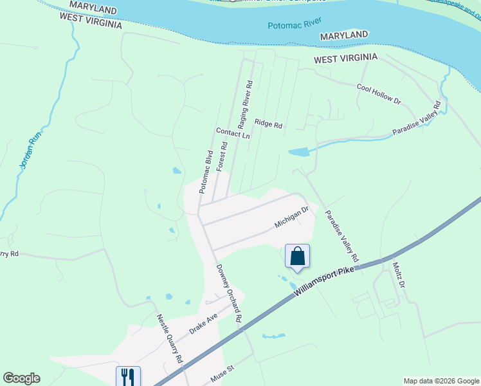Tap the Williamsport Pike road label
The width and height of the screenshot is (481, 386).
tap(325, 280)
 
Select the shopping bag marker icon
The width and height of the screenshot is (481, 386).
tap(297, 256)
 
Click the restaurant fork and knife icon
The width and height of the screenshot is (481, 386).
tap(128, 376)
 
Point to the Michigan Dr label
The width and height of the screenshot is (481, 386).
tap(292, 217)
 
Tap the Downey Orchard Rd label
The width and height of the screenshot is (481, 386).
tap(229, 293)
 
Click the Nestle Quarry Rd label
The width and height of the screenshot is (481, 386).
tap(170, 338)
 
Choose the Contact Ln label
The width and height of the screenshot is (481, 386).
tap(233, 133)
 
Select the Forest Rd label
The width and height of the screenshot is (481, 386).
tap(222, 156)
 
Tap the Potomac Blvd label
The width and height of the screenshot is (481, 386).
tap(206, 172)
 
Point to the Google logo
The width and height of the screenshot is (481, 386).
tap(21, 378)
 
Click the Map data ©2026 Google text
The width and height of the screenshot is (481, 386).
tap(440, 381)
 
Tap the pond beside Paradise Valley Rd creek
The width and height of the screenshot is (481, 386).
tap(298, 153)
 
